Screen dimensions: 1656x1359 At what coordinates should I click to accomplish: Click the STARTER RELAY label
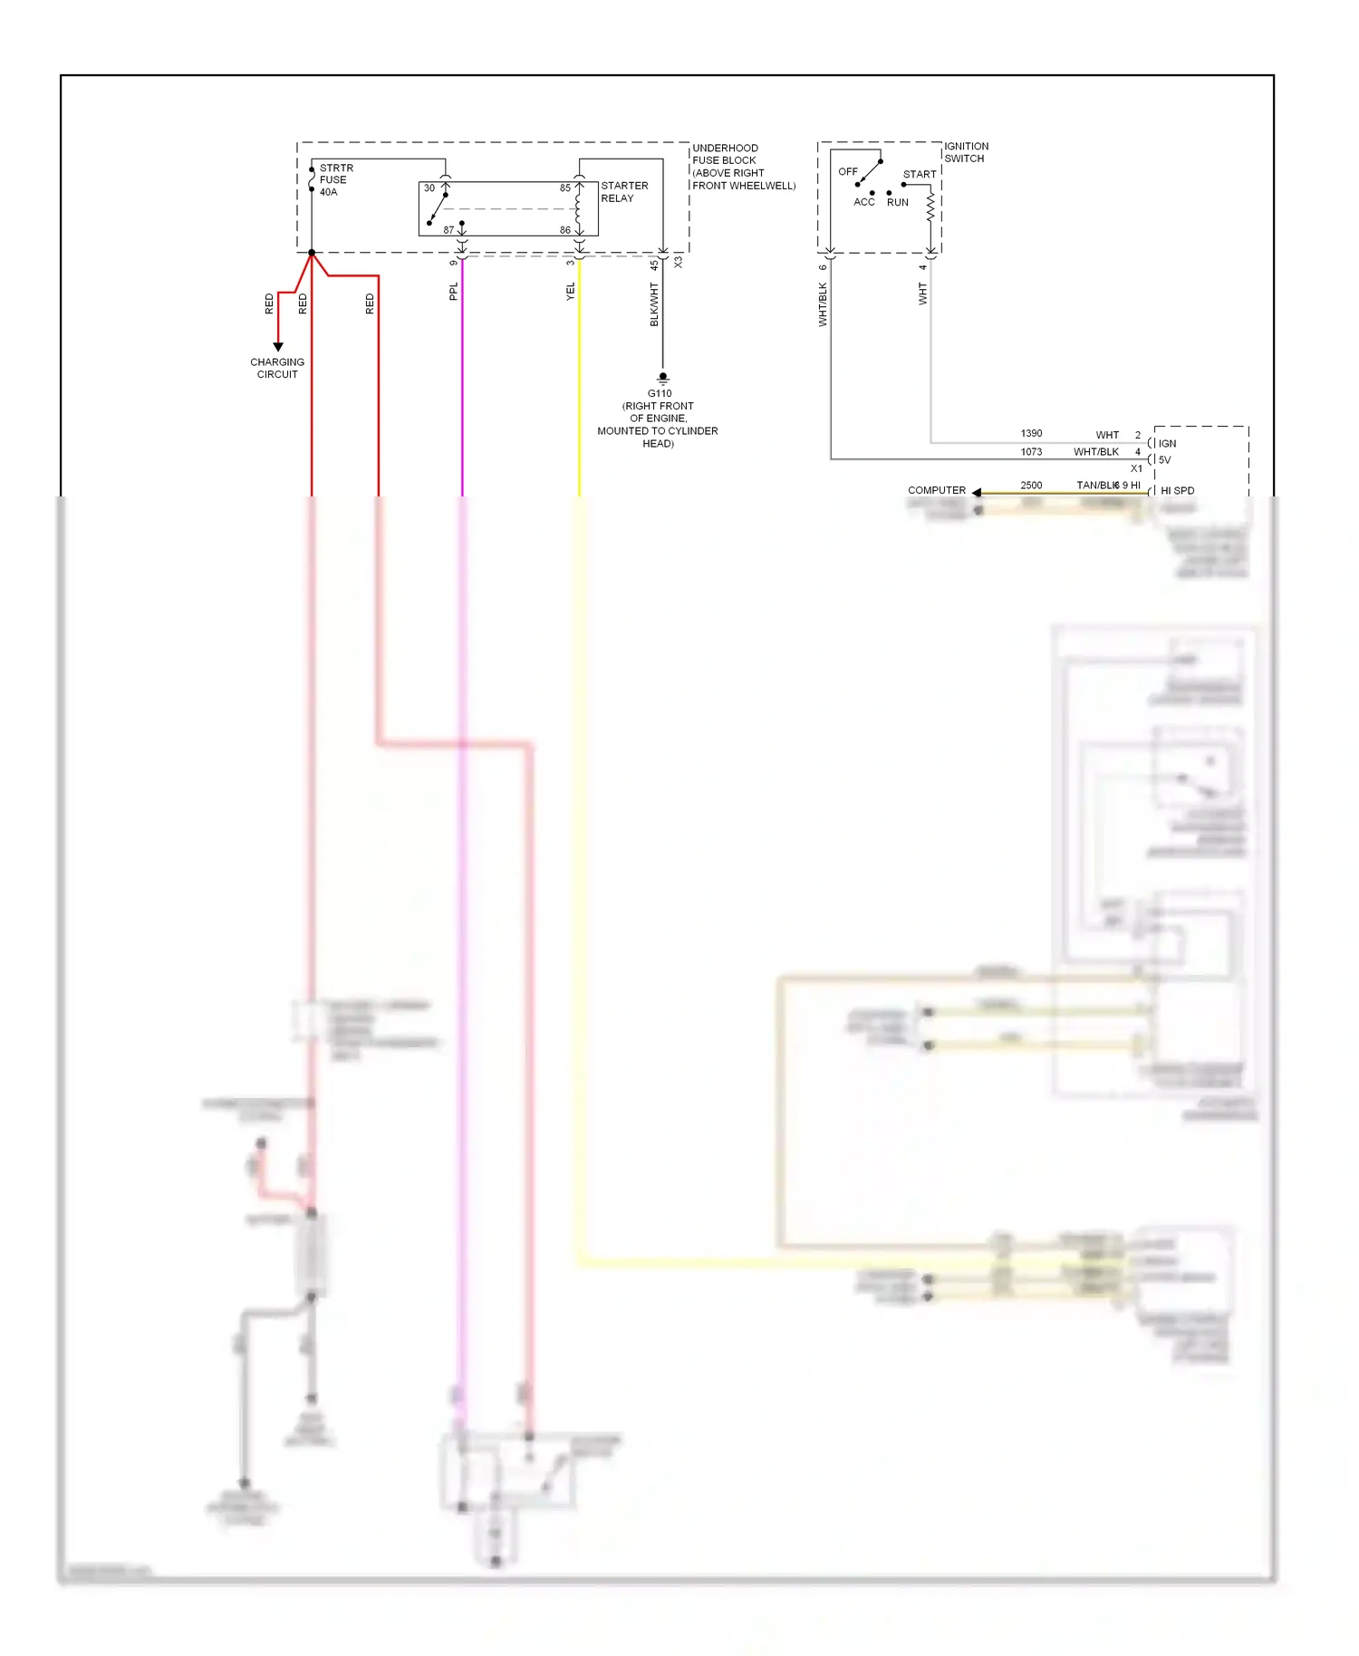click(x=624, y=192)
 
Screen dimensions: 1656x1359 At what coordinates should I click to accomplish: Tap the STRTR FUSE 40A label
click(x=335, y=180)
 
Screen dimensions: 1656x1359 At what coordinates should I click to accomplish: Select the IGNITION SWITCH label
click(x=966, y=152)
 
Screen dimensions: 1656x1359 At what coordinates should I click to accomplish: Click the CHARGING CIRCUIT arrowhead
click(x=278, y=347)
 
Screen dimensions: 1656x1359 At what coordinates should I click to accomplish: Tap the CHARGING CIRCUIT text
click(x=277, y=368)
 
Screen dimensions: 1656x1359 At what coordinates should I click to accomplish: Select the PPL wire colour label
click(x=454, y=292)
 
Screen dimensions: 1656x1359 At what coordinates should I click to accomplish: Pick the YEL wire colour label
click(x=571, y=292)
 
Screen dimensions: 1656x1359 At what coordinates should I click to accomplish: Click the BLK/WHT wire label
click(x=654, y=304)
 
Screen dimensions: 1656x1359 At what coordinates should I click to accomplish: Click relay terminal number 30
click(x=429, y=188)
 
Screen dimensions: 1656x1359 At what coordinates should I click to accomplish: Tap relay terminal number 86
click(x=565, y=230)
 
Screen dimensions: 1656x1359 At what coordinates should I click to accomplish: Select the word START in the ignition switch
click(x=920, y=175)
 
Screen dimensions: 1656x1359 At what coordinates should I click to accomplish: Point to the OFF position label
click(x=847, y=171)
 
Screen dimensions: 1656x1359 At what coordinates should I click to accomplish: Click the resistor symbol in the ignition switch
click(x=930, y=207)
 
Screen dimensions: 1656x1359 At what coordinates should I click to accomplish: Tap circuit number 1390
click(x=1031, y=434)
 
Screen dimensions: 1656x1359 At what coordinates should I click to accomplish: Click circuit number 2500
click(x=1031, y=486)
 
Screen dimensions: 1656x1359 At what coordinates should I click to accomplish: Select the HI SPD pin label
click(x=1177, y=491)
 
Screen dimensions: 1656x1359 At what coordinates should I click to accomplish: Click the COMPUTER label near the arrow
click(x=937, y=490)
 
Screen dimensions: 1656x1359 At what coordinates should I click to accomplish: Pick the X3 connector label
click(x=679, y=262)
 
